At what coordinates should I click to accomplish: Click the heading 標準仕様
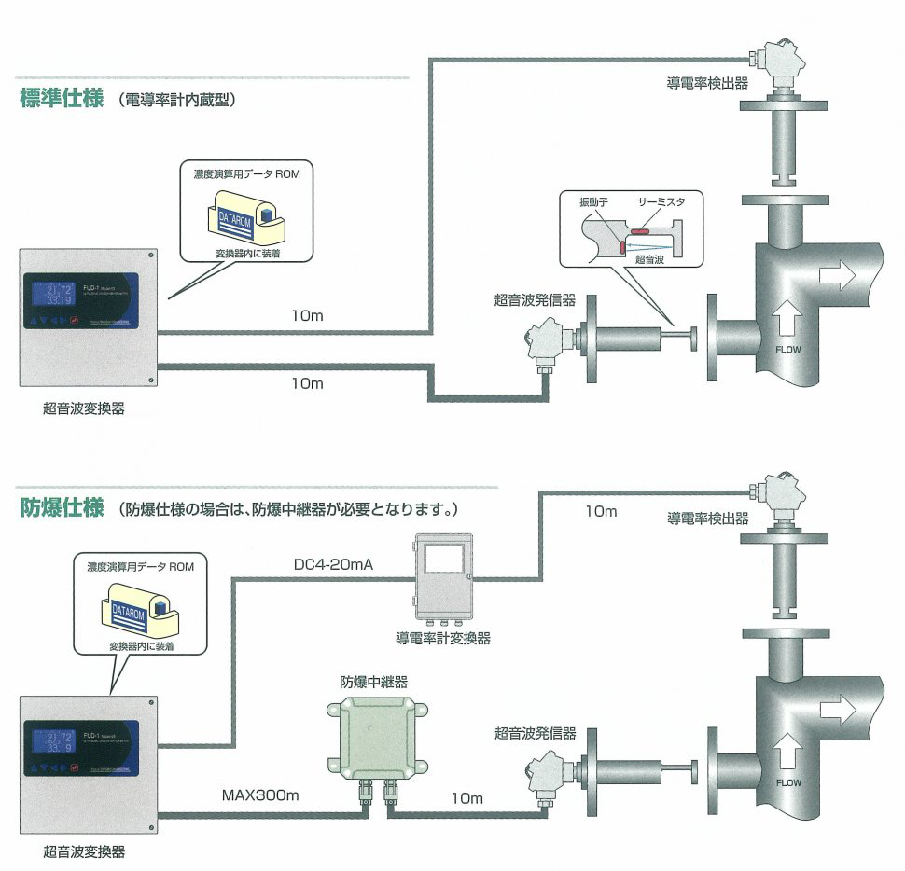(62, 99)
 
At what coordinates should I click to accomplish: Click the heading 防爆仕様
(62, 509)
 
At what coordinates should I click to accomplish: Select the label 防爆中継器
(373, 682)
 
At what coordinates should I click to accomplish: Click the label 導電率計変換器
(443, 639)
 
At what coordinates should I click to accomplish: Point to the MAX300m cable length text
(259, 796)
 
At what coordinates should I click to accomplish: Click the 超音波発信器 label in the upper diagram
(535, 300)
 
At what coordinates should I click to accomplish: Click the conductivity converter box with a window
(443, 578)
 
